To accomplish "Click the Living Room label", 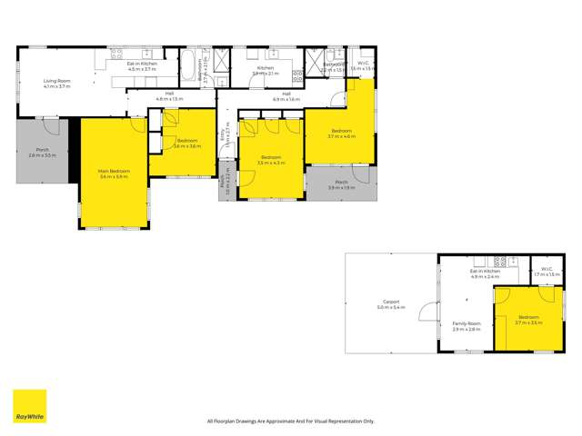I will coord(57,84).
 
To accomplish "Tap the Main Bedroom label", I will coord(115,173).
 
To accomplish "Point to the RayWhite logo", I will coord(28,407).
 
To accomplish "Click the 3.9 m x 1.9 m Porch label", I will coord(341,184).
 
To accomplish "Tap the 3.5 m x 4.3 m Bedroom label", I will coord(271,160).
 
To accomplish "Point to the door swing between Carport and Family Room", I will coord(424,315).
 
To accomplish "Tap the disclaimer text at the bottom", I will coord(291,421).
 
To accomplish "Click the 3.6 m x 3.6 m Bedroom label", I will coord(187,144).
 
